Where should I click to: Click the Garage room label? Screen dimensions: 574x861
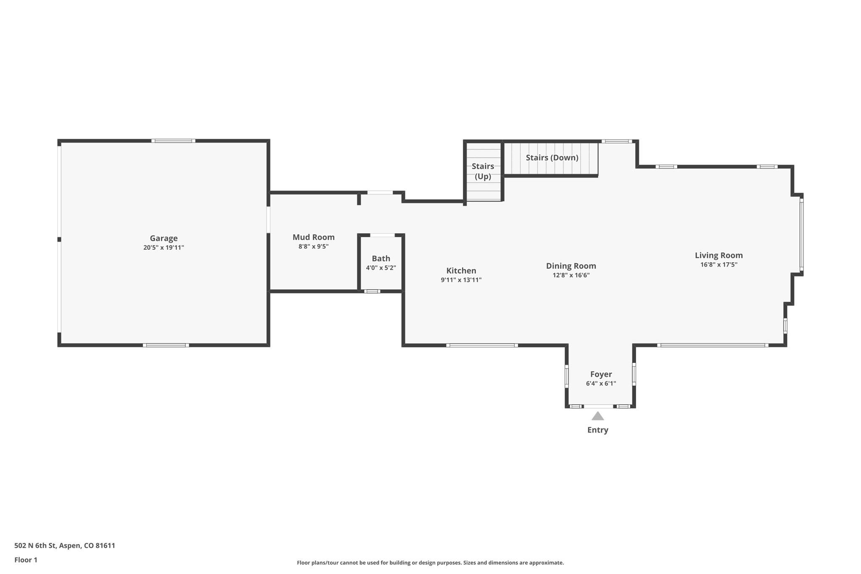point(164,238)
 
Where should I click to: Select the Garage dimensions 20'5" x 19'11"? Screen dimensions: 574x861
point(164,248)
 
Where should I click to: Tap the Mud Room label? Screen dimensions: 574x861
point(314,237)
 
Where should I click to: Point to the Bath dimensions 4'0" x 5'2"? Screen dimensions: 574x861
point(381,268)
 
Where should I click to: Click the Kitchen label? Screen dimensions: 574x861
point(461,271)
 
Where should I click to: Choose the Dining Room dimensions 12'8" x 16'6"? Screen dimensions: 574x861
point(571,275)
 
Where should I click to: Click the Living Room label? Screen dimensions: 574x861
point(718,255)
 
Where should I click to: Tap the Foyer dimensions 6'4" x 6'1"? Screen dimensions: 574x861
point(601,384)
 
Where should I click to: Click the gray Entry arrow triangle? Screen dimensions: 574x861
point(598,416)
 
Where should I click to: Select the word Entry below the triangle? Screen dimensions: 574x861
point(598,430)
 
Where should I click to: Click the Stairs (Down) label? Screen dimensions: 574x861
point(552,158)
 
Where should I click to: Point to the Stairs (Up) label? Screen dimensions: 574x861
point(483,171)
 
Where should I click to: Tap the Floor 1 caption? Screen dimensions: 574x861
point(26,560)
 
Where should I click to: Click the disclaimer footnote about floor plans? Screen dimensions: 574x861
point(430,563)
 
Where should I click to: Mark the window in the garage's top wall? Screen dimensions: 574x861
point(173,141)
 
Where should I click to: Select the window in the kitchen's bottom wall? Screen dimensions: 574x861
point(482,345)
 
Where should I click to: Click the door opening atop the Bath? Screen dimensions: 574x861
point(382,235)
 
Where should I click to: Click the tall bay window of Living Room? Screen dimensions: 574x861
point(801,235)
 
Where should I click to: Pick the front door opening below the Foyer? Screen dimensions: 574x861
point(598,406)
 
